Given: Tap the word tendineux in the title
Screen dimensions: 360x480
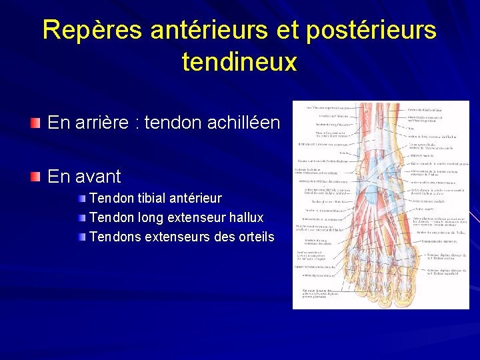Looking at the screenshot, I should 239,62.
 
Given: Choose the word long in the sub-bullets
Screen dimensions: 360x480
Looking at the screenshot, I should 142,218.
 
